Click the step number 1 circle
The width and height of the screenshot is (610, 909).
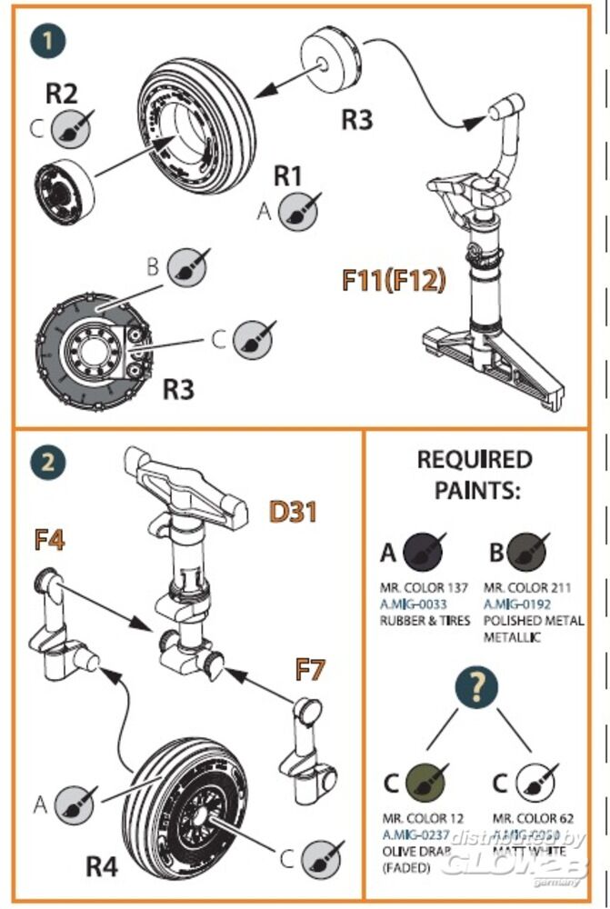tap(47, 41)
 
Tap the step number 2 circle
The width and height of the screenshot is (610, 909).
tap(47, 463)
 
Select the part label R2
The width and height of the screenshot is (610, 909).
tap(63, 93)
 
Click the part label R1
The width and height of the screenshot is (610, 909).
tap(288, 175)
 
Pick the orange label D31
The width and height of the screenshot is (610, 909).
tap(293, 512)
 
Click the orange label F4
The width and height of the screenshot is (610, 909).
tap(49, 540)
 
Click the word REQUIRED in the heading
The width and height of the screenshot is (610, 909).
tap(475, 459)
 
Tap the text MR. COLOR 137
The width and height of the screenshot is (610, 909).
tap(424, 588)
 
